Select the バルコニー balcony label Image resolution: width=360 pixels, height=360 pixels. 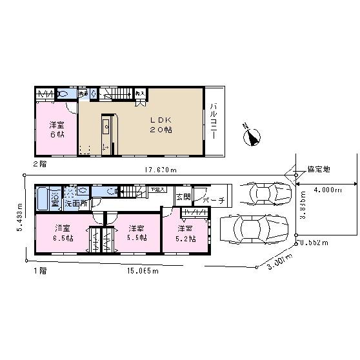tap(213, 121)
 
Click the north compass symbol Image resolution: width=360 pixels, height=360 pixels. tap(251, 136)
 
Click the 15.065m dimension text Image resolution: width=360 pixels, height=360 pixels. tap(143, 272)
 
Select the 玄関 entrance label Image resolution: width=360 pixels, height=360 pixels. tap(183, 197)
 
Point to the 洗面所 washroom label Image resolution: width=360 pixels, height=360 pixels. tap(75, 203)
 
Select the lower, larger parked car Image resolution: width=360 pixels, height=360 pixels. tap(253, 228)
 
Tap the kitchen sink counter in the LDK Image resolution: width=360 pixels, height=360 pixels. tap(106, 132)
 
